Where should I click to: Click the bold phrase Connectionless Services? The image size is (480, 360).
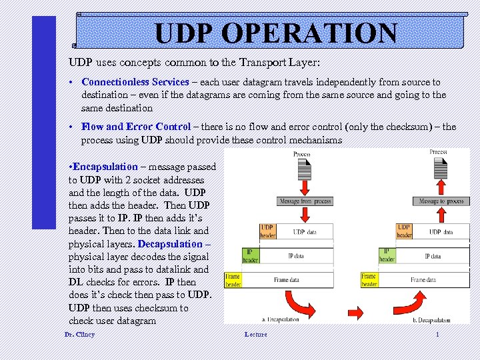point(135,82)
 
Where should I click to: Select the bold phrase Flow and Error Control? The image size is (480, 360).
point(136,127)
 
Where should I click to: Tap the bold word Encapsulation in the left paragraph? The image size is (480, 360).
point(105,167)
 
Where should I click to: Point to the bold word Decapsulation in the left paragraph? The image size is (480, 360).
point(173,244)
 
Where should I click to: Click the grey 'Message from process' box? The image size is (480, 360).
point(305,201)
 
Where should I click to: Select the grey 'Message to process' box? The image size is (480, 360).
point(441,201)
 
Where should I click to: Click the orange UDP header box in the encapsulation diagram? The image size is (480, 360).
point(267,231)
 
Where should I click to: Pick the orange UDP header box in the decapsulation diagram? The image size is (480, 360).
point(404,231)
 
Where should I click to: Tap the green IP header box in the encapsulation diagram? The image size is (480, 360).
point(250,255)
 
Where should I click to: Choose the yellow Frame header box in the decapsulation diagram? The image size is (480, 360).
point(369,280)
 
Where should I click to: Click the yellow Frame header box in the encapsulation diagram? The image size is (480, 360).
point(232,280)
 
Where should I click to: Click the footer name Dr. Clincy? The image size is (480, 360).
point(79,334)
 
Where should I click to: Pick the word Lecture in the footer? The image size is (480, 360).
point(255,334)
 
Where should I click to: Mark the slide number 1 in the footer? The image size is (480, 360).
point(437,334)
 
